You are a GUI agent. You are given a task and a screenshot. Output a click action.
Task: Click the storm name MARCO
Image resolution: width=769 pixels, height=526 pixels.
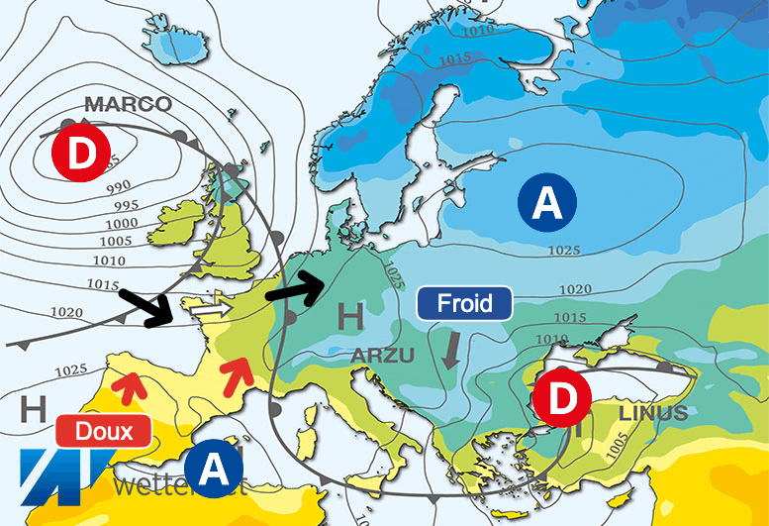coord(128,104)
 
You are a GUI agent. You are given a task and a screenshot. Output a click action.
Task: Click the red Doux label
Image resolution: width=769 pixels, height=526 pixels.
coord(103,431)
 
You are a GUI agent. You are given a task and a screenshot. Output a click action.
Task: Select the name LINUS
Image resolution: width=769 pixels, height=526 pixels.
coord(652,413)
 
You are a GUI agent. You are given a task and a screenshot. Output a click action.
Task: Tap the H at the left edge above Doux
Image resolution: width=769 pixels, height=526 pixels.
coord(33,407)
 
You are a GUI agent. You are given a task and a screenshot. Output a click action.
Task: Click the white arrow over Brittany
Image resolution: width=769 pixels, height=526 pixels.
coord(211,310)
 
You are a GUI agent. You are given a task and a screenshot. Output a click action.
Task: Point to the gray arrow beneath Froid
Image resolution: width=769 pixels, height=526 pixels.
coord(452,349)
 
